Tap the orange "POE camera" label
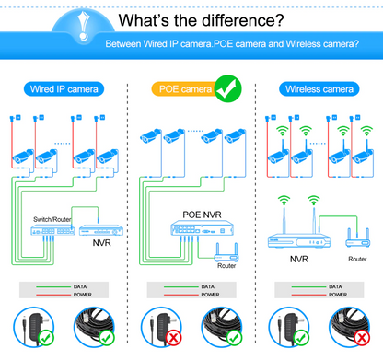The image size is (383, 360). [180, 89]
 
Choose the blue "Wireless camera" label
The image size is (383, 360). [317, 89]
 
